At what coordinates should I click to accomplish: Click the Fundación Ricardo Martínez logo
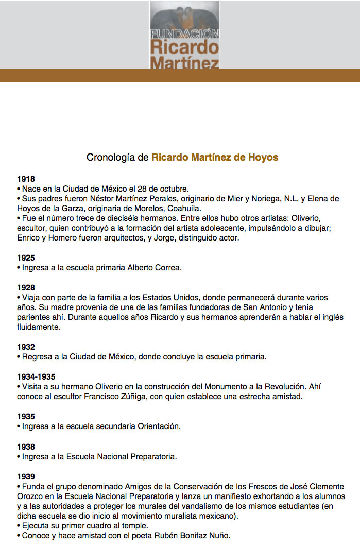click(x=184, y=35)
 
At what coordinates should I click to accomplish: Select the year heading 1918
click(x=26, y=179)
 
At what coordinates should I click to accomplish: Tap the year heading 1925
click(x=26, y=258)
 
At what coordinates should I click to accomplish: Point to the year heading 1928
click(x=26, y=288)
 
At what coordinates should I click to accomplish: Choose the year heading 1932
click(x=26, y=347)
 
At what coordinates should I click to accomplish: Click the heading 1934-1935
click(x=36, y=377)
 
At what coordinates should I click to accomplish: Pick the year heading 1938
click(x=26, y=447)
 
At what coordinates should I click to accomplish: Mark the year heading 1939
click(x=26, y=476)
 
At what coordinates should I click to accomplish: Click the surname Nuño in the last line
click(x=219, y=536)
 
